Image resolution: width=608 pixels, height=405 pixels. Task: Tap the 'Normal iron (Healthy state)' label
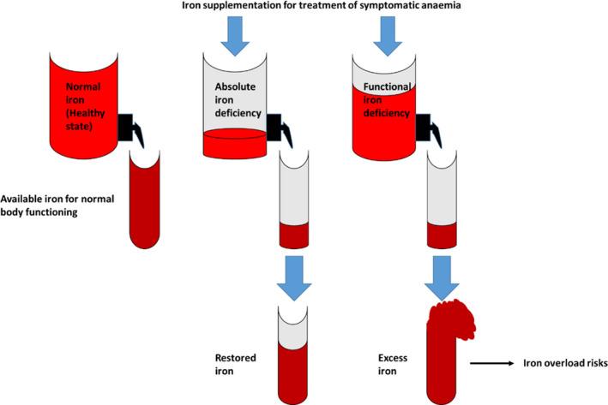point(85,106)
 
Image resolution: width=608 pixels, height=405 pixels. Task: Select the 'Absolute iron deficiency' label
point(238,100)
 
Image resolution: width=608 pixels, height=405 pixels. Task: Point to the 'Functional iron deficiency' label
point(387,100)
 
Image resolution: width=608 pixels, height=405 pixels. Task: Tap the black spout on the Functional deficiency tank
point(428,128)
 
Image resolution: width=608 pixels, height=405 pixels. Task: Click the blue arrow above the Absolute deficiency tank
point(235,36)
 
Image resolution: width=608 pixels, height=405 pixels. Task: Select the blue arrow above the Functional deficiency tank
point(388,36)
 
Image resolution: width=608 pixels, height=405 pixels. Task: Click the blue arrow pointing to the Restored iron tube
point(294,278)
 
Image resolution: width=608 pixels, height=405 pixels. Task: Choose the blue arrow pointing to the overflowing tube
point(442,278)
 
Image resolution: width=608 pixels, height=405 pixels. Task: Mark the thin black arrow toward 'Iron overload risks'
point(491,363)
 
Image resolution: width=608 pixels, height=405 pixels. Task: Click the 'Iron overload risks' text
point(565,363)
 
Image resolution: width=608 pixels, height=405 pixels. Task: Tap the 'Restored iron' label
point(235,365)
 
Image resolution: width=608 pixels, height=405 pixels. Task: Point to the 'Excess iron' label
point(393,365)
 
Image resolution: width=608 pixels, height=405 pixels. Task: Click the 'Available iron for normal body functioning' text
point(57,205)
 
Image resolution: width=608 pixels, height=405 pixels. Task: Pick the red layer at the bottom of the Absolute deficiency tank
point(235,143)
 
